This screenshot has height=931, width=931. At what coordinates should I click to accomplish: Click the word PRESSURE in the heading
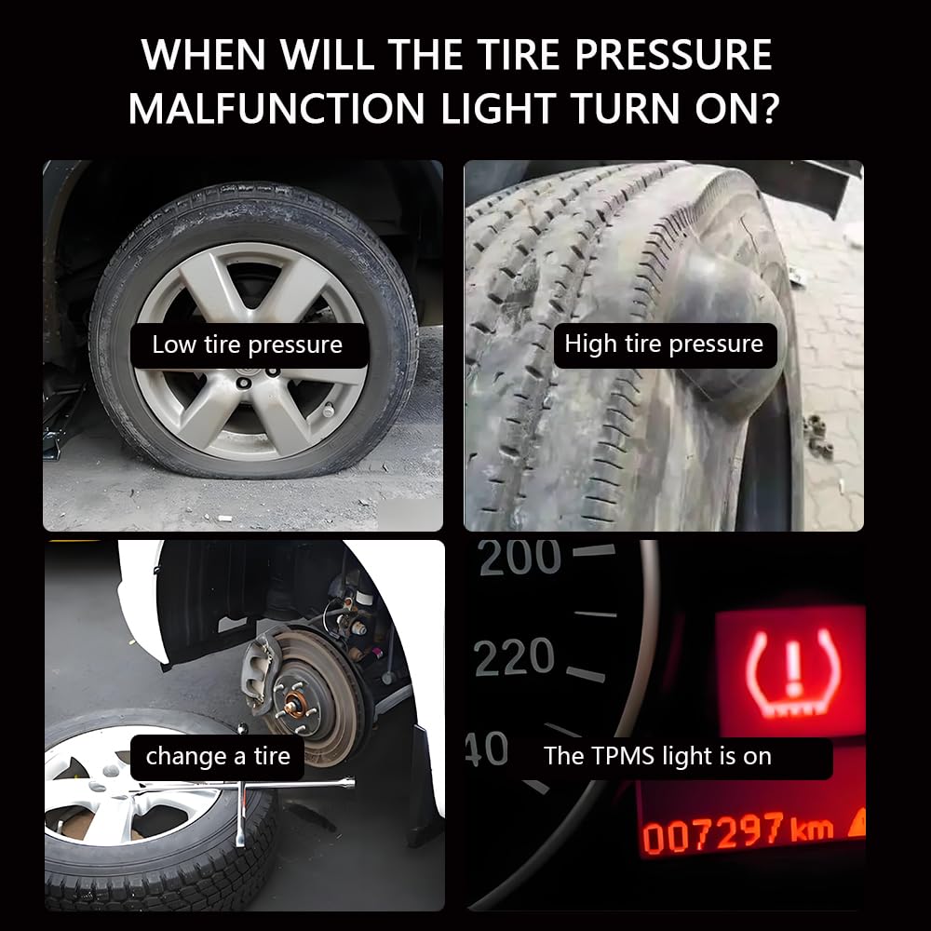tap(673, 55)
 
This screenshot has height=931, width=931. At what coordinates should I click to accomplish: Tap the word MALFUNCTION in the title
tap(277, 108)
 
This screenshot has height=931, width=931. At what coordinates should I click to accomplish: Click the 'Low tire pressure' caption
tap(248, 345)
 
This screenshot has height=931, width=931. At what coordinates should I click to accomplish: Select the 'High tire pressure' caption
tap(664, 344)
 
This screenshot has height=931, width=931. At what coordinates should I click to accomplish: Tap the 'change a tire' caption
tap(218, 756)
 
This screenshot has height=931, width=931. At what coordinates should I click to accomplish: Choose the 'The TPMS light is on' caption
tap(657, 756)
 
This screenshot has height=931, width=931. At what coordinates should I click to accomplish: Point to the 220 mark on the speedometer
tap(514, 657)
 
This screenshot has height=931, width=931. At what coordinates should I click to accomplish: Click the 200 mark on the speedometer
tap(519, 557)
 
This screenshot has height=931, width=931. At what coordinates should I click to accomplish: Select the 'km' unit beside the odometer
tap(812, 828)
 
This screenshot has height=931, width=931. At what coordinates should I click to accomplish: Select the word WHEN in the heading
tap(204, 55)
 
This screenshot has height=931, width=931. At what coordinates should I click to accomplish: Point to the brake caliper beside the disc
tap(262, 671)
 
